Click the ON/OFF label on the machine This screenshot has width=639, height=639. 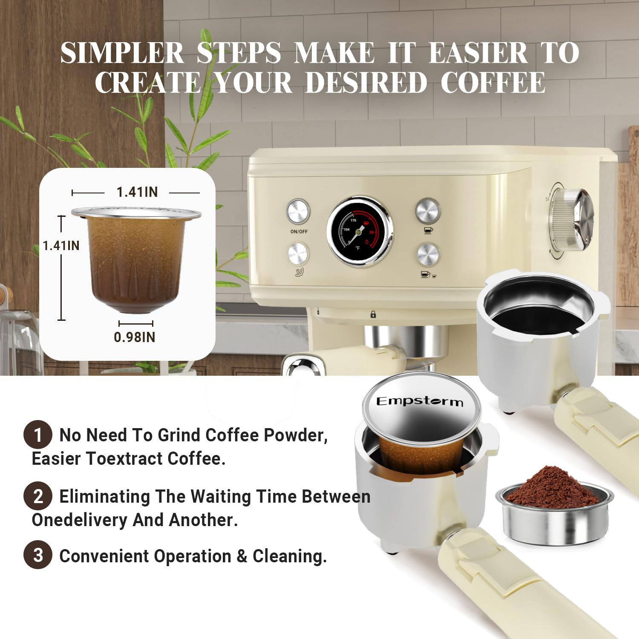coord(299,231)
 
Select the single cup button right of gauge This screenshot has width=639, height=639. coord(428,210)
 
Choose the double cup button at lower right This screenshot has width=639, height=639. coord(428,254)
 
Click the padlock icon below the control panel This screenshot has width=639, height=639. coord(373,314)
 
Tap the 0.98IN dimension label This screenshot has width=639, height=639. coord(135,337)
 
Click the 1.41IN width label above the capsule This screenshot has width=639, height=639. coord(137,192)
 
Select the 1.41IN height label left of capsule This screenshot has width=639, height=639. coord(61,245)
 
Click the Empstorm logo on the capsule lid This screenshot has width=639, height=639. coord(420,401)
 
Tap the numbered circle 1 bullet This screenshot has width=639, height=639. coord(38,435)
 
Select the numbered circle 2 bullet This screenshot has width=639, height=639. coord(38,496)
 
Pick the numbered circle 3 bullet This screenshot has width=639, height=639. coord(38,555)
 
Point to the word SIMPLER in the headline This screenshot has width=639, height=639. coord(122,53)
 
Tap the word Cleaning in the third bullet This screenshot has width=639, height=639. coord(289,556)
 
